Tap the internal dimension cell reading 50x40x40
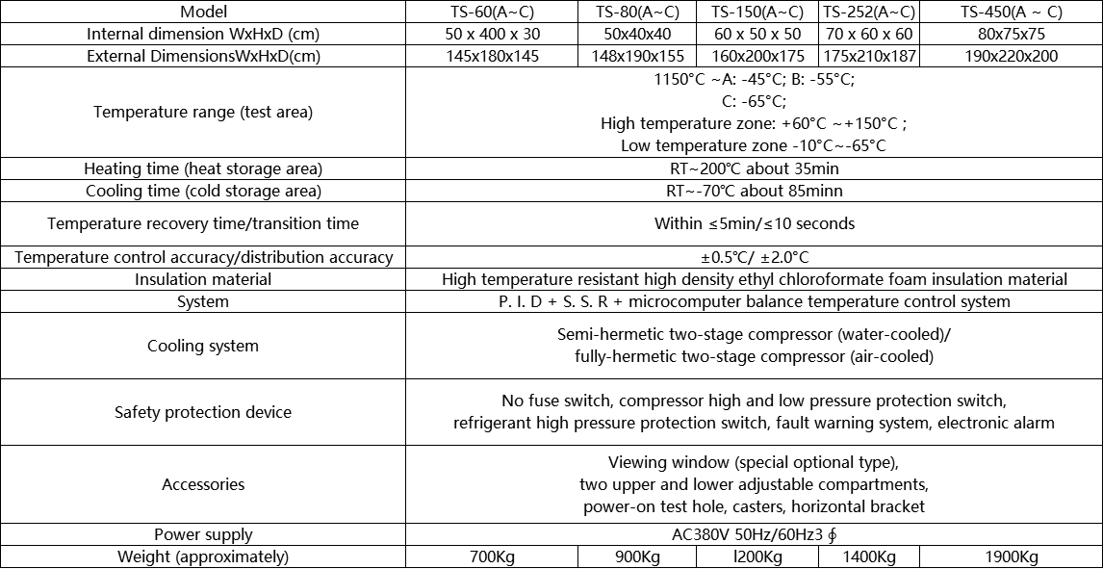(x=637, y=34)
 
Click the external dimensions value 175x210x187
(x=869, y=56)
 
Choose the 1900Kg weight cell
(x=1011, y=557)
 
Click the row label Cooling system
(x=203, y=346)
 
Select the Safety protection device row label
(x=203, y=412)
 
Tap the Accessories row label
(x=203, y=484)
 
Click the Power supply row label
(x=203, y=534)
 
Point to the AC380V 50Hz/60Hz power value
(x=754, y=534)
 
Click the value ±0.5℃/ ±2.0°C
(x=754, y=257)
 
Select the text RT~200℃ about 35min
(x=754, y=168)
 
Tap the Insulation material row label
(x=203, y=279)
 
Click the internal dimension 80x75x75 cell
(x=1011, y=34)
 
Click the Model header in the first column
(x=203, y=12)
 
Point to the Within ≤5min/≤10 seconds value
(x=754, y=223)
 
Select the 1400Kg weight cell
(x=869, y=557)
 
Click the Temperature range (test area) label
(x=203, y=112)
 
